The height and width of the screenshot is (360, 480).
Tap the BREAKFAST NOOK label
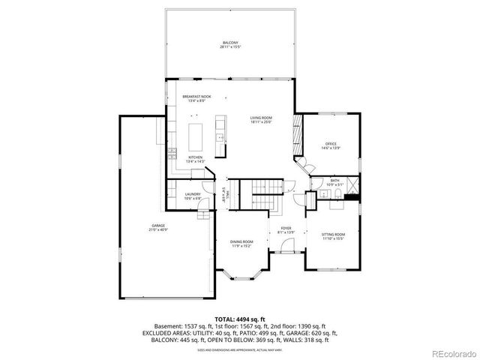[197, 97]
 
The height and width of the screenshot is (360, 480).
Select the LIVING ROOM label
[261, 118]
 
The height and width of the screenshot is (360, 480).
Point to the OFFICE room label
[331, 144]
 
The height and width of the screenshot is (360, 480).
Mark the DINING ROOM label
[241, 241]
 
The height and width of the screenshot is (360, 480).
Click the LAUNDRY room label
[193, 195]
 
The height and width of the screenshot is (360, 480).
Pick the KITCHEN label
[194, 157]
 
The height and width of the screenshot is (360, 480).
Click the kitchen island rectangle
[196, 137]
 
